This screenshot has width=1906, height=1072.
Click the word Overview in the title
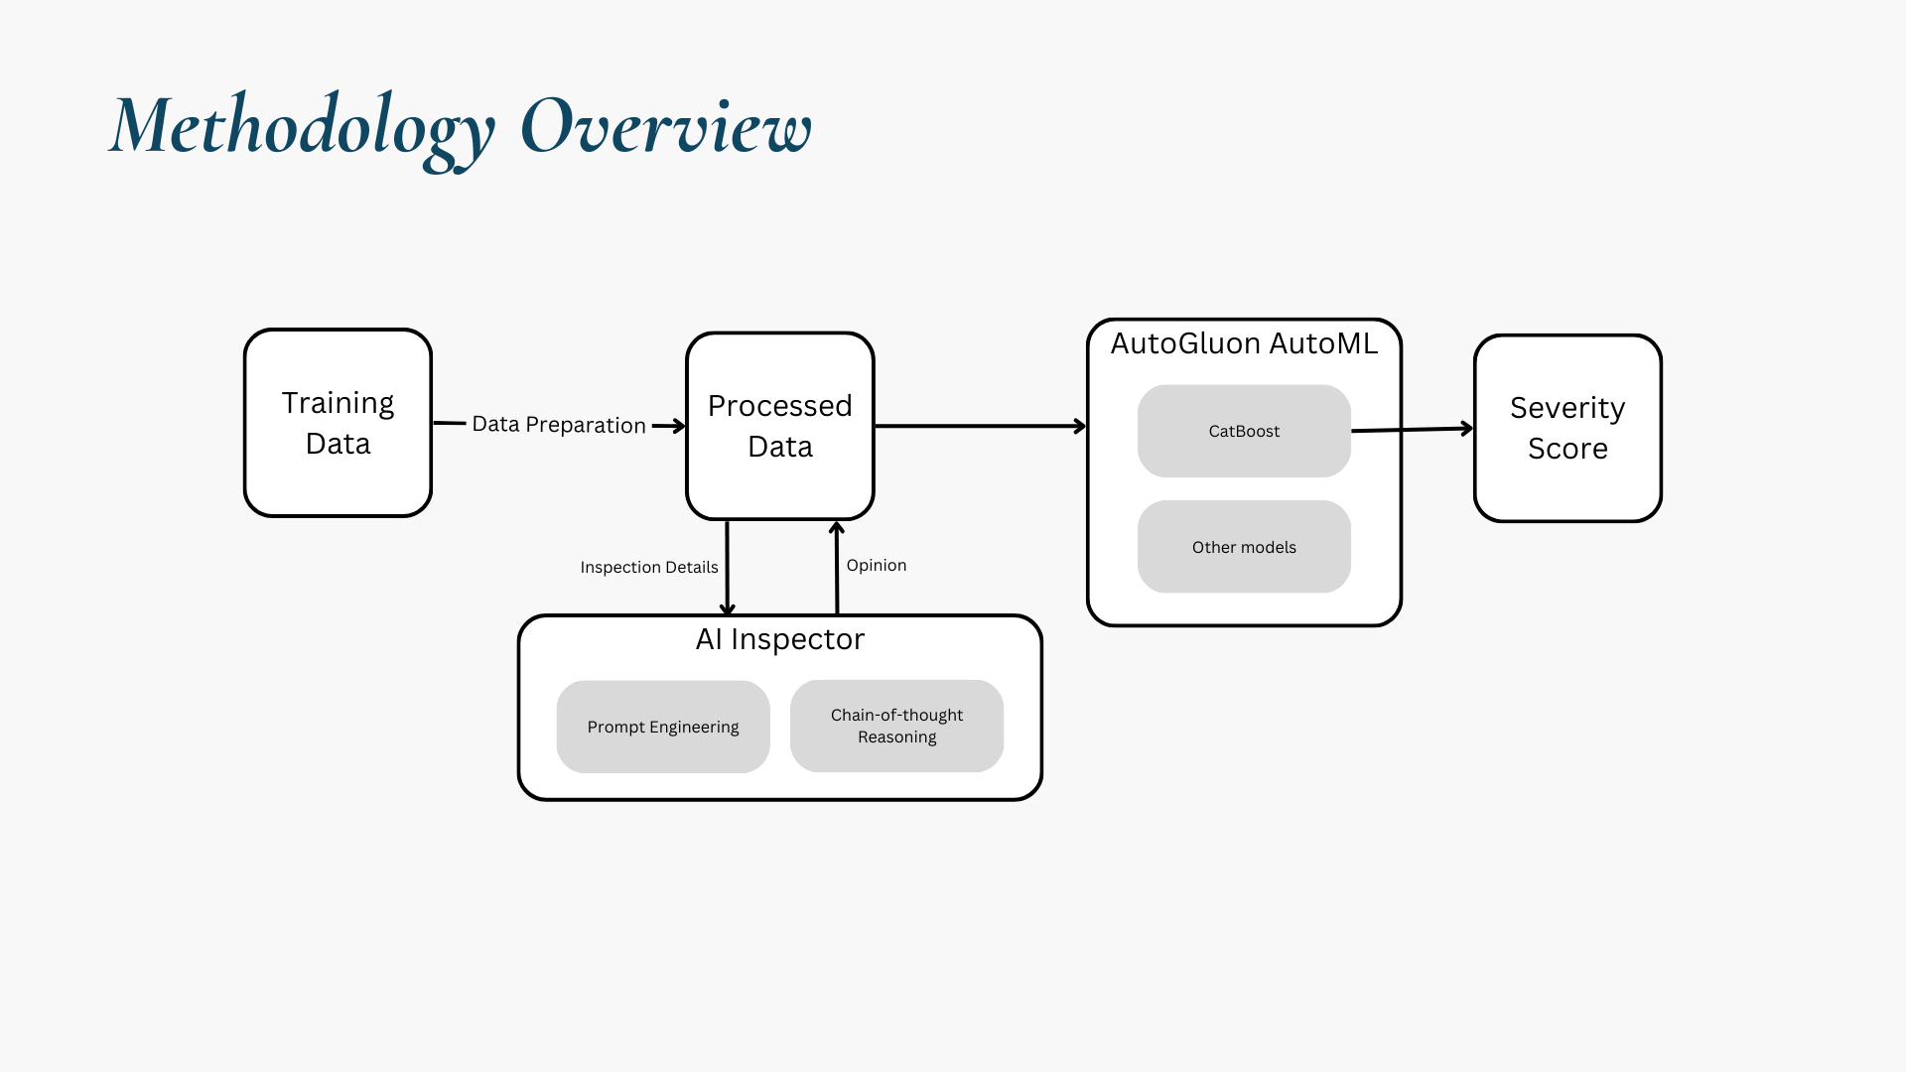666,126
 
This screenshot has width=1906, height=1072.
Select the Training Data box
338,423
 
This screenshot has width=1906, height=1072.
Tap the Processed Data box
780,426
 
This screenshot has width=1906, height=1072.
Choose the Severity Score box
1567,428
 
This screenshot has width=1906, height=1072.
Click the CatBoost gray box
1244,431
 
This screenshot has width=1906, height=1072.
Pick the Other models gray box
1244,547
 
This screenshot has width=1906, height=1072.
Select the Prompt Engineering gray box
663,727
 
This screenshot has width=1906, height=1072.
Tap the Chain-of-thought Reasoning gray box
896,726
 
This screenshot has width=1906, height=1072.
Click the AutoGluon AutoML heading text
1244,343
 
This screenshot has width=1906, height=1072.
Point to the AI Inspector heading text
780,639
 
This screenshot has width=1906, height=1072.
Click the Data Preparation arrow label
559,425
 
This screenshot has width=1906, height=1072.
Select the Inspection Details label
649,567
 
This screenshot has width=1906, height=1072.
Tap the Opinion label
877,565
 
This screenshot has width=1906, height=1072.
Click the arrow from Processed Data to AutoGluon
981,426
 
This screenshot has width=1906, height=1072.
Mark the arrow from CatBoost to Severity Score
1413,430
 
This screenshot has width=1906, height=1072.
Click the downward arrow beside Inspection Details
728,568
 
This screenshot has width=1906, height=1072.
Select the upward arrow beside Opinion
837,568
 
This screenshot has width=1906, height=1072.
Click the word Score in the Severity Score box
1567,449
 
